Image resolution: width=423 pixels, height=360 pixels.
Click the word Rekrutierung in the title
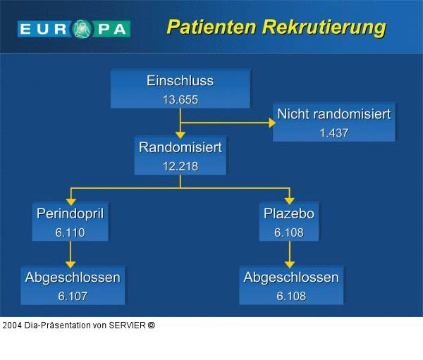click(324, 27)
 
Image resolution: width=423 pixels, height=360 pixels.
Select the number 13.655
click(180, 99)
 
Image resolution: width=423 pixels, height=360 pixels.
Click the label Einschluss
click(180, 81)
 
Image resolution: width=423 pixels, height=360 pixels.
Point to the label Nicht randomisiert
click(333, 114)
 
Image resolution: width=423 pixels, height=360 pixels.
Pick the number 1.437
click(333, 132)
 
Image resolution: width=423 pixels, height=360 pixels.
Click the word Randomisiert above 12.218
click(180, 148)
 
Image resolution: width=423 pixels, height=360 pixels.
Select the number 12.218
click(180, 167)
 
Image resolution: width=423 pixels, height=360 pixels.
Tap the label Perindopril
click(70, 213)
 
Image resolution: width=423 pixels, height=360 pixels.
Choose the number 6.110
click(70, 232)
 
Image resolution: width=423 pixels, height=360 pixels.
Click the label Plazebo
click(289, 213)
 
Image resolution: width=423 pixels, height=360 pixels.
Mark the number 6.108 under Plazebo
click(289, 232)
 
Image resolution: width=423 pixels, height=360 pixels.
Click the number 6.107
click(73, 296)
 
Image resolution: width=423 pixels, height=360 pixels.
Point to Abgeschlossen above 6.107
click(73, 278)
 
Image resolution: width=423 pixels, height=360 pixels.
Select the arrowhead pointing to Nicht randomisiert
click(271, 122)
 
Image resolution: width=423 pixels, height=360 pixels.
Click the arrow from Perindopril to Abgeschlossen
click(70, 254)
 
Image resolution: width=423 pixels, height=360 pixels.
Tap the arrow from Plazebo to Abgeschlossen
click(290, 254)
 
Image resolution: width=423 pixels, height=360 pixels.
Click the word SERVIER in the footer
click(127, 325)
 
